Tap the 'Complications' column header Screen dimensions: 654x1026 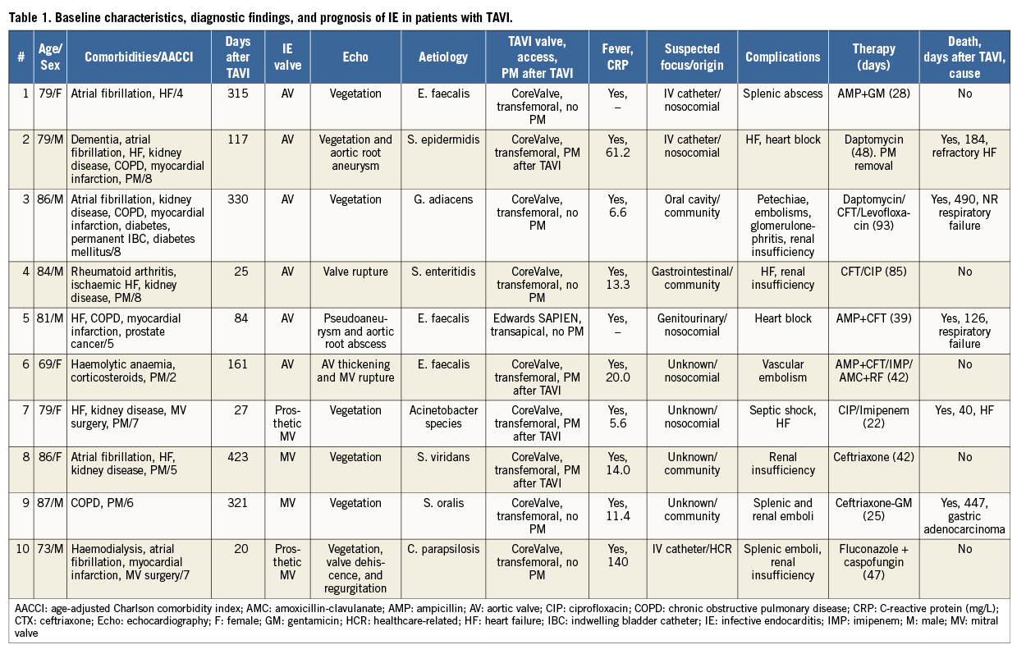point(782,57)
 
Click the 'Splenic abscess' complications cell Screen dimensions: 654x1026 point(782,94)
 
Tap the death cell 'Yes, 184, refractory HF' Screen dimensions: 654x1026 point(964,153)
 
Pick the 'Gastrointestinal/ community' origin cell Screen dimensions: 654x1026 point(692,279)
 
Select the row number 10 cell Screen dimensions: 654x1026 point(20,549)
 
